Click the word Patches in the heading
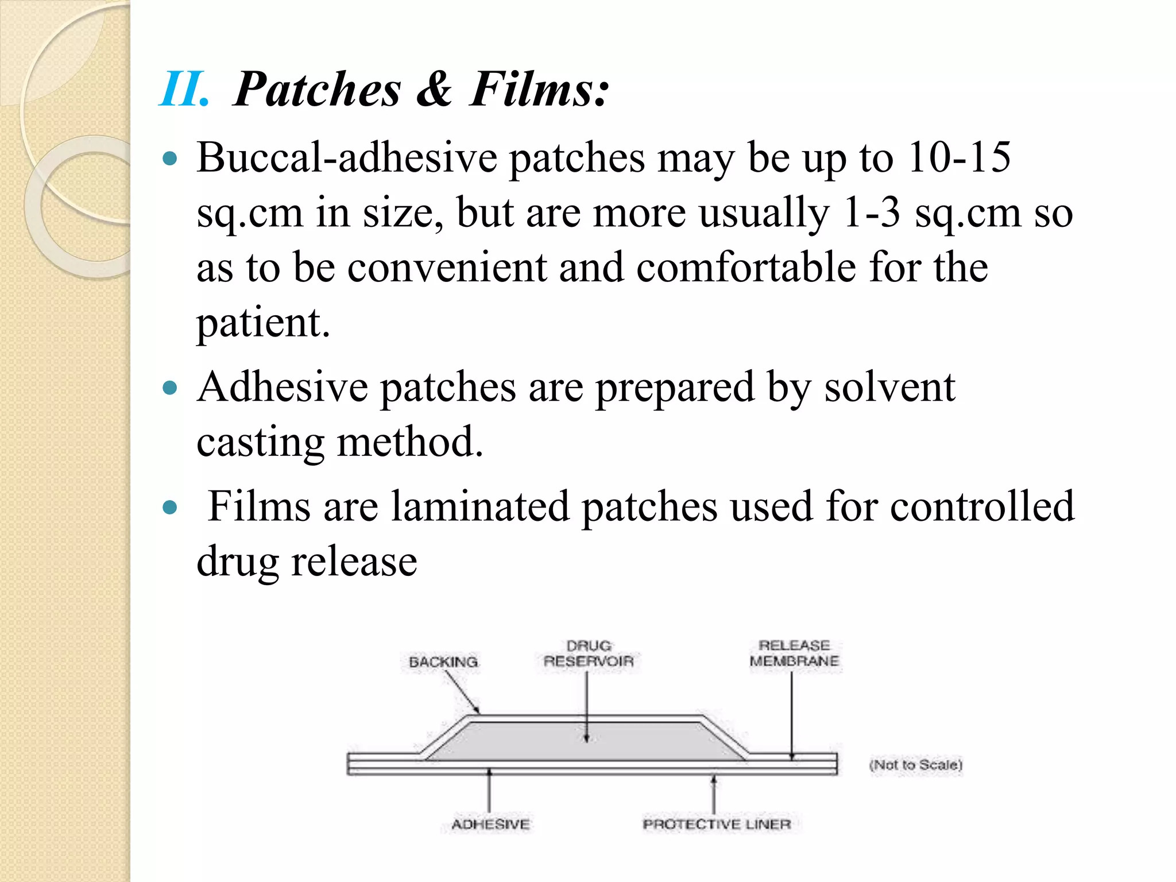point(318,90)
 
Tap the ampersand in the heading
point(434,90)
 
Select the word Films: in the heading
point(539,90)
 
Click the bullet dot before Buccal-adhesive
point(170,158)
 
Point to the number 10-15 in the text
point(958,157)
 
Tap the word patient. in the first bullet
point(264,323)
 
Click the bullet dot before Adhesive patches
point(170,388)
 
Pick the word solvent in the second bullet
point(889,387)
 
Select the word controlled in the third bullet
point(982,506)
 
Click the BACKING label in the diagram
point(443,662)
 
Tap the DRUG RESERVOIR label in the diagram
point(589,654)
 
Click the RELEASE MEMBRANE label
point(794,653)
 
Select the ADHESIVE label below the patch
point(490,825)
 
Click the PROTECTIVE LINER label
point(717,825)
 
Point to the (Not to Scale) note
point(915,765)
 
